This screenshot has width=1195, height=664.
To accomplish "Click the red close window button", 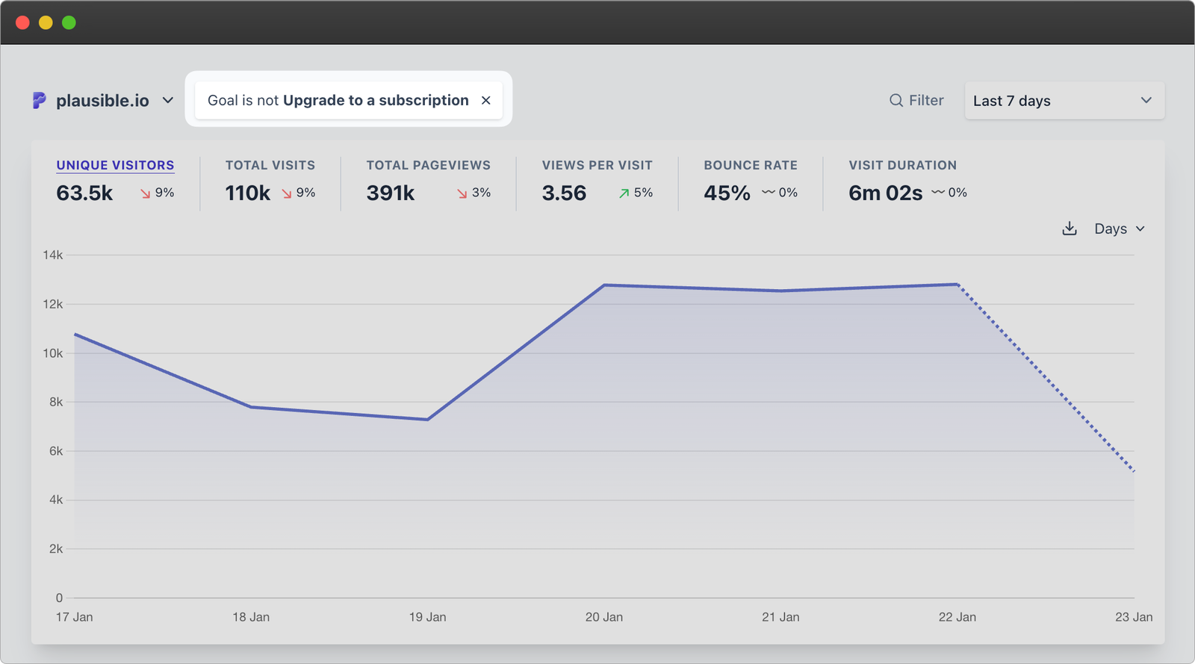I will pyautogui.click(x=22, y=22).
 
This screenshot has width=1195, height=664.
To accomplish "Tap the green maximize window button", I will pyautogui.click(x=69, y=22).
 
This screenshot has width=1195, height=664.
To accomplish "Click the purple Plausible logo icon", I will pyautogui.click(x=39, y=100).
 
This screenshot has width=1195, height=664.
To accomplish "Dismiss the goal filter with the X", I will pyautogui.click(x=486, y=100).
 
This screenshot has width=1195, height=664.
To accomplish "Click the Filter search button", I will pyautogui.click(x=916, y=100).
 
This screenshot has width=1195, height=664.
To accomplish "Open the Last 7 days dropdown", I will pyautogui.click(x=1064, y=100).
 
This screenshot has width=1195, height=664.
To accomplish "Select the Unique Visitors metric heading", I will pyautogui.click(x=115, y=165).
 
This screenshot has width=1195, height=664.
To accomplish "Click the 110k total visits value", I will pyautogui.click(x=248, y=193).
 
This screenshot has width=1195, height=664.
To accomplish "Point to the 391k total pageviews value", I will pyautogui.click(x=390, y=193).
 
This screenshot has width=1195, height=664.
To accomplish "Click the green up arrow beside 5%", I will pyautogui.click(x=624, y=193).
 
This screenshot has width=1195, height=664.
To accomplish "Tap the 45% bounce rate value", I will pyautogui.click(x=727, y=193).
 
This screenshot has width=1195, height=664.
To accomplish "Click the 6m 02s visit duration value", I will pyautogui.click(x=885, y=193).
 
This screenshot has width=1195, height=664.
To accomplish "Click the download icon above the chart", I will pyautogui.click(x=1070, y=229).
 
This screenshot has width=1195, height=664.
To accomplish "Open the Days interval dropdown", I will pyautogui.click(x=1119, y=229).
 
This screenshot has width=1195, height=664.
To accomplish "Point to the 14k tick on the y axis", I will pyautogui.click(x=53, y=255).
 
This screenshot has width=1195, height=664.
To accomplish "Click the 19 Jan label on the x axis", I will pyautogui.click(x=427, y=617).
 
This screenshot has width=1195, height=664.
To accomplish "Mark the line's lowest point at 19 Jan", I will pyautogui.click(x=427, y=419).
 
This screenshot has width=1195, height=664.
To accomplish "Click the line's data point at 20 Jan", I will pyautogui.click(x=604, y=285).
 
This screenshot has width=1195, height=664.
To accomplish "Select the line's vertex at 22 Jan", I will pyautogui.click(x=957, y=284).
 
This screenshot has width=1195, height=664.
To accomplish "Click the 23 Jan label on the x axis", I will pyautogui.click(x=1133, y=617).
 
